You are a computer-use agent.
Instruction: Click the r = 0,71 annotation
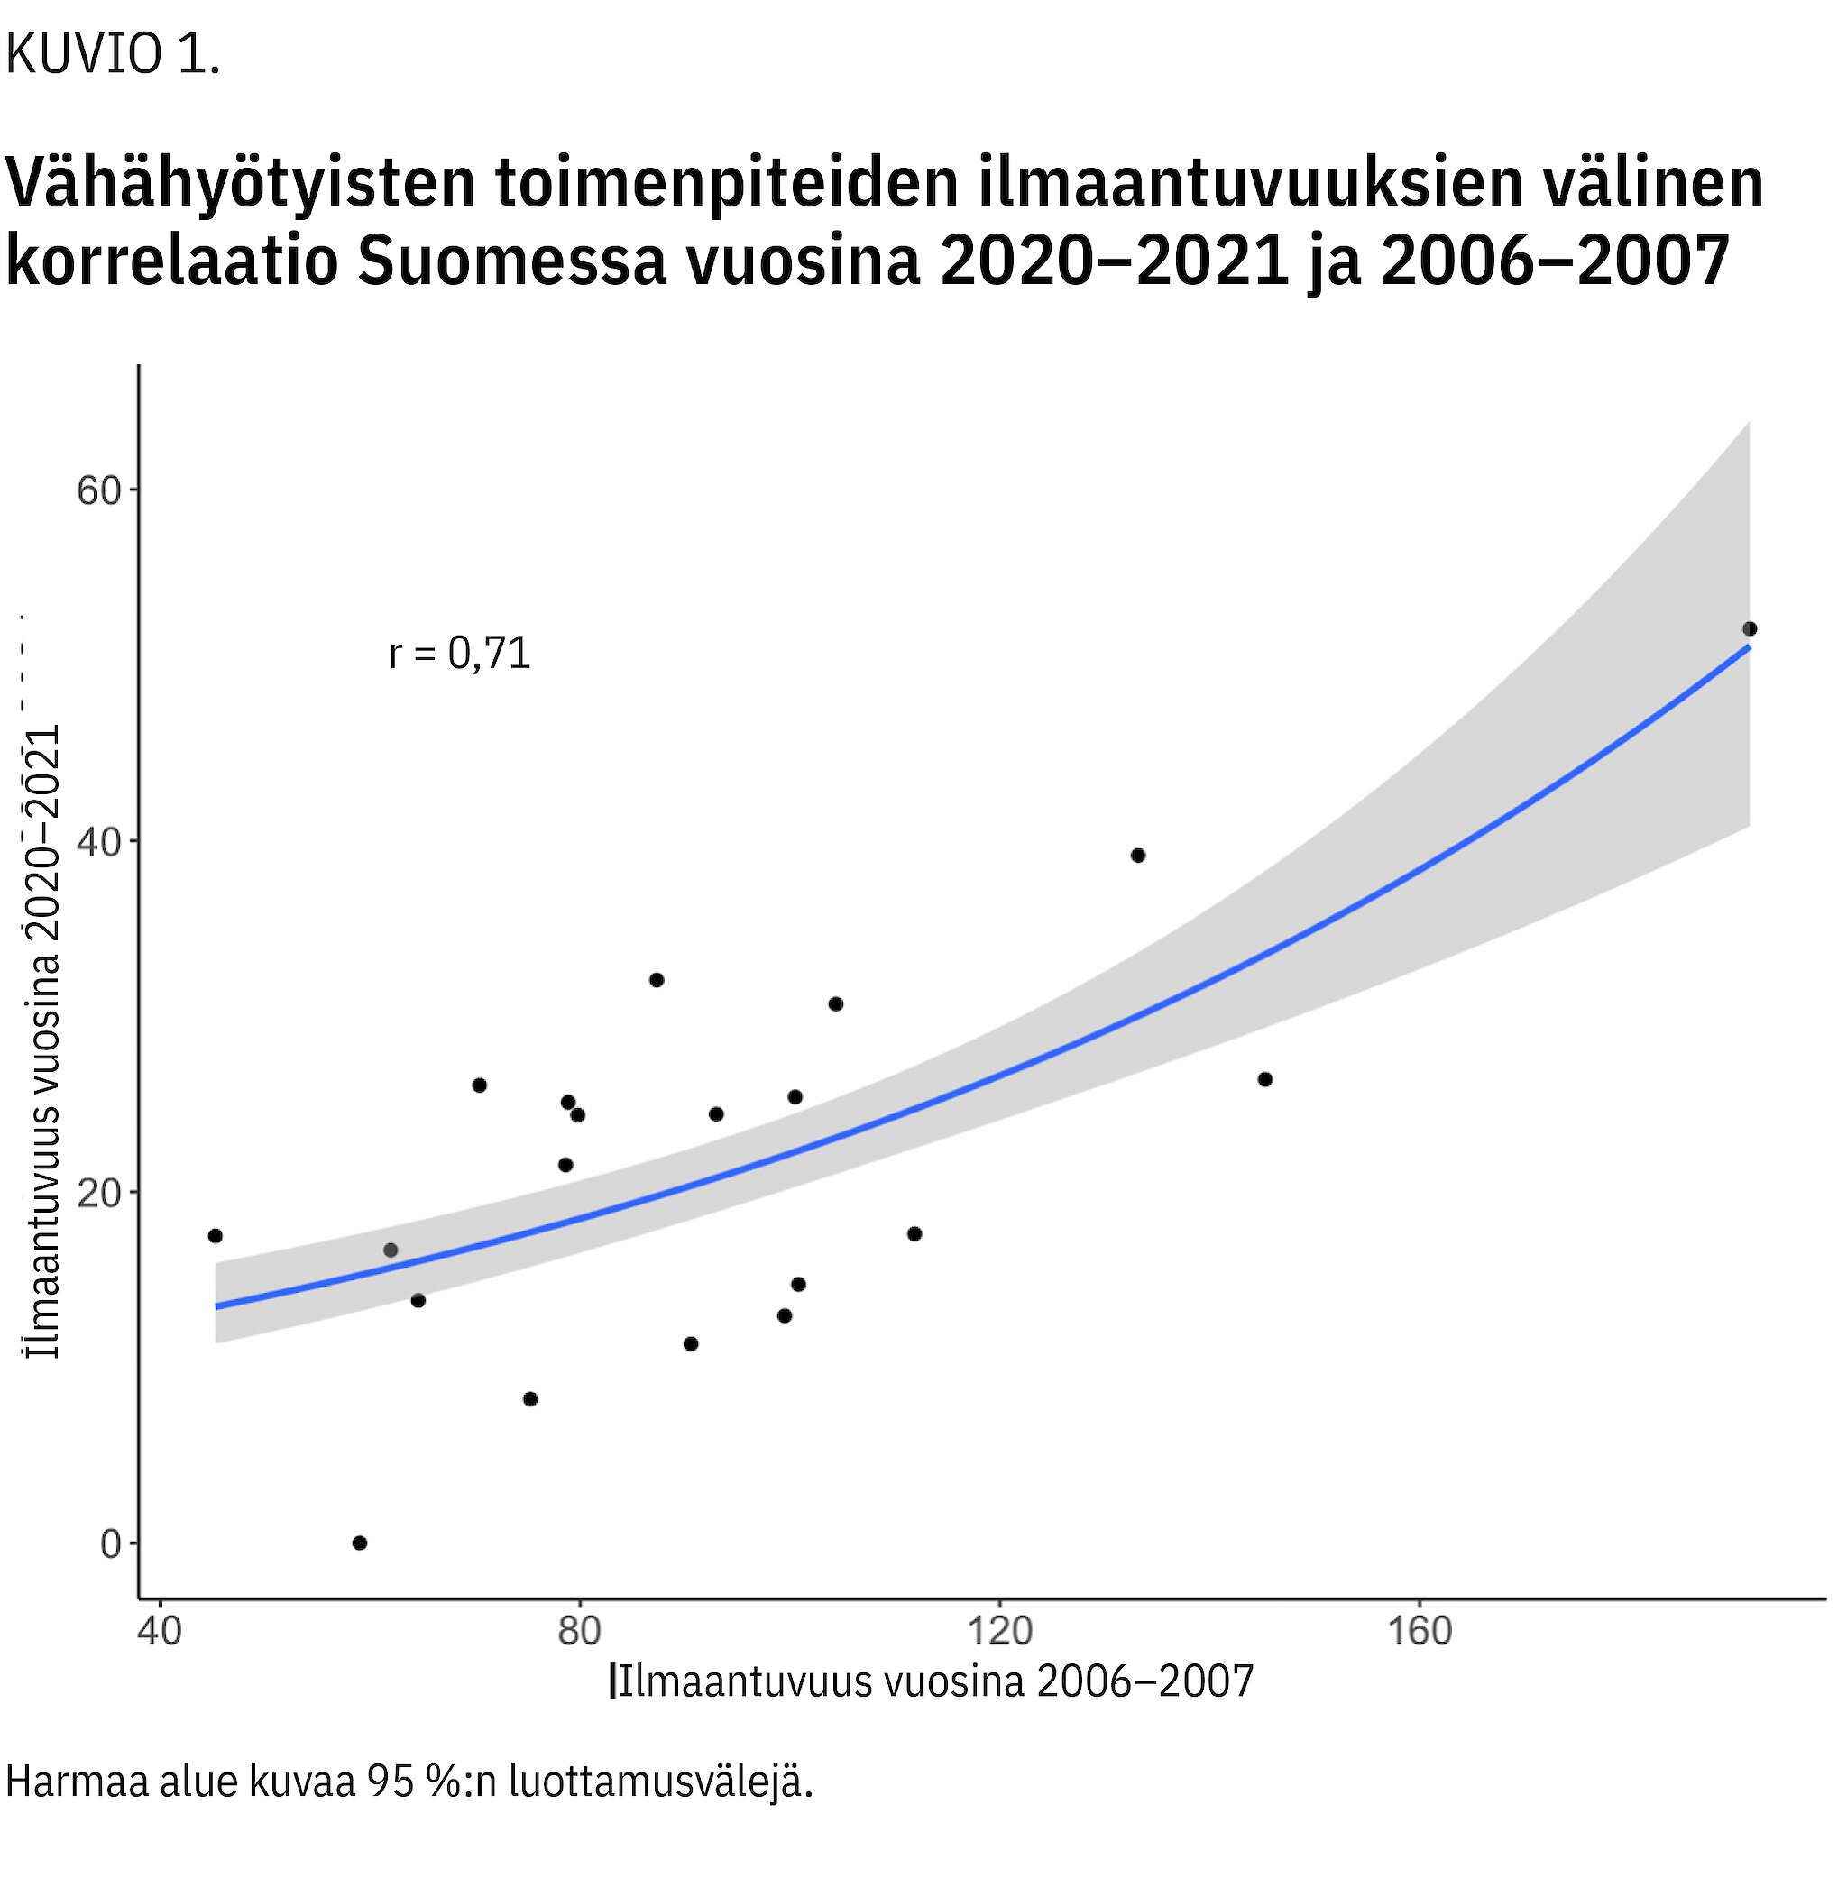tap(460, 654)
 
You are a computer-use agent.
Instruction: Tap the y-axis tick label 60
tap(99, 490)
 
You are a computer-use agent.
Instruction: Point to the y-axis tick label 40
tap(99, 842)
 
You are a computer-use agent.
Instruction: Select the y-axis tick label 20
tap(99, 1194)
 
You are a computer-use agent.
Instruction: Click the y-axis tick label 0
tap(111, 1544)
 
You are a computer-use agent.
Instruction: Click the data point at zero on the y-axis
tap(360, 1543)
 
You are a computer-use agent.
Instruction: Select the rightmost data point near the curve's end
tap(1750, 628)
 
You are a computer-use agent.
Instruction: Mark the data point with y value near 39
tap(1139, 856)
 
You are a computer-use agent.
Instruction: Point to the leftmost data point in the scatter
tap(216, 1235)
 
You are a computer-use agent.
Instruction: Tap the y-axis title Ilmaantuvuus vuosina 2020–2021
tap(43, 1042)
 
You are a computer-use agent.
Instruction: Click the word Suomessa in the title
tap(512, 261)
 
